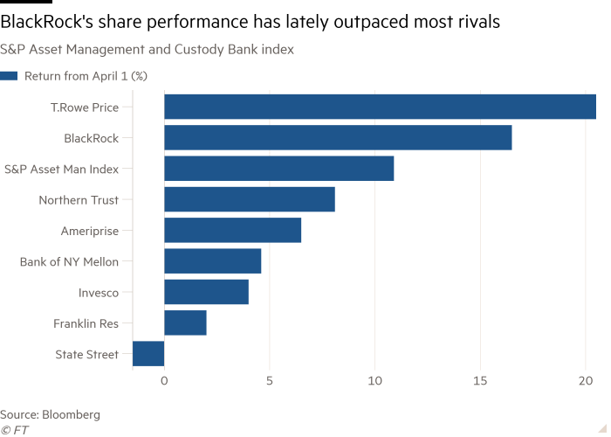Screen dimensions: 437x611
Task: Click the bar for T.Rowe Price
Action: (x=380, y=107)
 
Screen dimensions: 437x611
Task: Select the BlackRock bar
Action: (x=338, y=138)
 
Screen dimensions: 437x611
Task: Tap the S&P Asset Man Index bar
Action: (x=278, y=169)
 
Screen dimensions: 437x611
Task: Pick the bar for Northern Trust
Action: (x=250, y=199)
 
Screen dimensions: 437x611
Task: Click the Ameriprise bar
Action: (x=233, y=231)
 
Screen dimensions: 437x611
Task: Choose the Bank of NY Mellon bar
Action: (x=213, y=261)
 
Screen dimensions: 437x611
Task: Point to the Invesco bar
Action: (x=206, y=292)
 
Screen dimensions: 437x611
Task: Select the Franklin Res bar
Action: (x=185, y=323)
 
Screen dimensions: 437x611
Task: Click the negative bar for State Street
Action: (x=148, y=354)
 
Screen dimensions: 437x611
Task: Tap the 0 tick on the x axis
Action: (x=164, y=381)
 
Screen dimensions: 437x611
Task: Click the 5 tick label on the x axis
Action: (x=270, y=381)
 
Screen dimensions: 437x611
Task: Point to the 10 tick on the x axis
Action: (x=375, y=381)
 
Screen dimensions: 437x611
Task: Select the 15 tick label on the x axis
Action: (x=480, y=381)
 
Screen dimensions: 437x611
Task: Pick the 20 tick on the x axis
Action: (x=586, y=381)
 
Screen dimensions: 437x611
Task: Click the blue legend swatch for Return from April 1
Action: (x=9, y=75)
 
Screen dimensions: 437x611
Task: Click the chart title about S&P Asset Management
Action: (x=147, y=50)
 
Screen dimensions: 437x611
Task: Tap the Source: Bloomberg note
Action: (x=50, y=414)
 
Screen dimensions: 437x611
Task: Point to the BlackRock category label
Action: (x=91, y=138)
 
